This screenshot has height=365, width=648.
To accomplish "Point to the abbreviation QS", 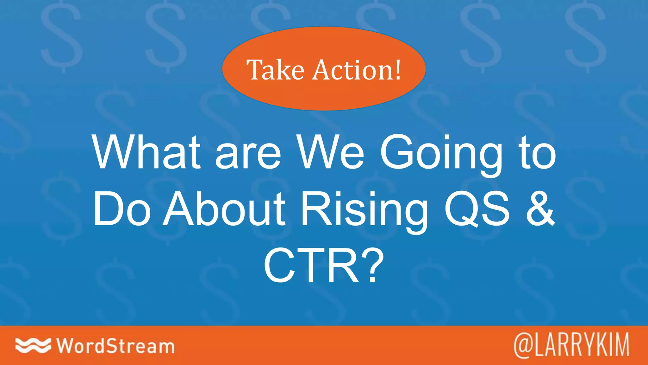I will point(477,210).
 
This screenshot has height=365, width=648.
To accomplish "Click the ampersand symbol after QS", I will point(540,210).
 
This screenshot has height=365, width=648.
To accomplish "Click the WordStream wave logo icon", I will point(33,345).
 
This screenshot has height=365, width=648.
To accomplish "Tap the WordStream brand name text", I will point(115,346).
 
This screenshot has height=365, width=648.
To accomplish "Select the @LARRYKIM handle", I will point(571,345).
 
